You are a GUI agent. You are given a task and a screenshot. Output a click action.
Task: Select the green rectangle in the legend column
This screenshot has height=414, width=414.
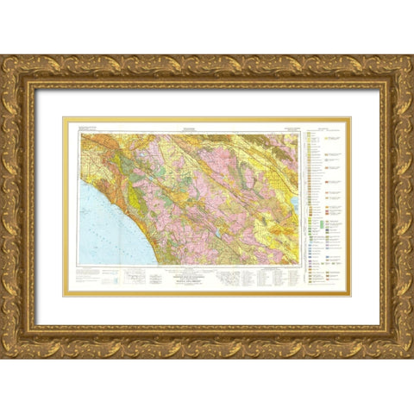(x=321, y=222)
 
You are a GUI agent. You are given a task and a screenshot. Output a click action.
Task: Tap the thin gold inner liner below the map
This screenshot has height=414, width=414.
(x=207, y=296)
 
